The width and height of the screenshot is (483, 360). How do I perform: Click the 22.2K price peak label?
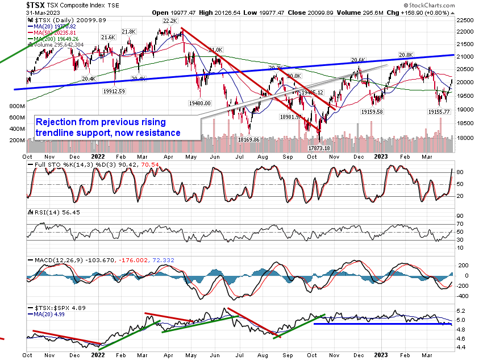170,21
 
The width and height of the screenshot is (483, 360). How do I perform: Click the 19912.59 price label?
114,90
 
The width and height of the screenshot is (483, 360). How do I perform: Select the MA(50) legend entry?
54,32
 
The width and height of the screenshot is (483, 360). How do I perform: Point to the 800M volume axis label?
18,106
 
